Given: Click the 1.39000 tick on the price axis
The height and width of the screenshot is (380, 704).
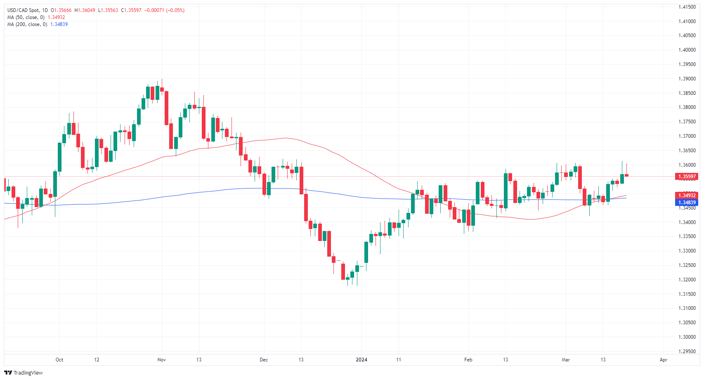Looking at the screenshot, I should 687,79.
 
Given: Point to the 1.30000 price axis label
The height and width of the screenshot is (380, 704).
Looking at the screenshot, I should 687,337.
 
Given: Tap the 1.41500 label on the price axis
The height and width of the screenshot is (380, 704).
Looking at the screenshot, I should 687,7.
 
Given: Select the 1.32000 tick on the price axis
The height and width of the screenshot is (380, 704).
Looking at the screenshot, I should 687,280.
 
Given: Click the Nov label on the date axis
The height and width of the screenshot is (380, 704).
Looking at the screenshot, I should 162,360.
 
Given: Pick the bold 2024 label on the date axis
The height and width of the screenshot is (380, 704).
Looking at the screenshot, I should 361,360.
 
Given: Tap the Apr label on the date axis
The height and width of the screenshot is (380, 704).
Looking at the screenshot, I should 663,360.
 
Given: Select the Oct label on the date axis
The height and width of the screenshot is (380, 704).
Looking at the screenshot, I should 59,360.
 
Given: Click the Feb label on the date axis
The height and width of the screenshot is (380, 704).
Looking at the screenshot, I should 468,360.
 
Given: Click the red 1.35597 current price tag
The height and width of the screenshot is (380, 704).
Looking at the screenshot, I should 687,177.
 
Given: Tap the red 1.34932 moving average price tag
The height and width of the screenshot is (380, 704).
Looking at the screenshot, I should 687,196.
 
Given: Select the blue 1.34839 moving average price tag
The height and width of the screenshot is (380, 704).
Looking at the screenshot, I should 687,203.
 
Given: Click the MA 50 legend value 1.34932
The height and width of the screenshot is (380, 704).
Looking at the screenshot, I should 57,17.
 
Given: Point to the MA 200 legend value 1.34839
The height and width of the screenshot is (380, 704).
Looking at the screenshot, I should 59,24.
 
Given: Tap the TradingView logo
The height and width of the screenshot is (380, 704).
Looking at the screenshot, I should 24,373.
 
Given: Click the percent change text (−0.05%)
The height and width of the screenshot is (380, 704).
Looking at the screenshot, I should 175,10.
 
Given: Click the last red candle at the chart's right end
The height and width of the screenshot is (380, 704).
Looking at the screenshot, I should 626,175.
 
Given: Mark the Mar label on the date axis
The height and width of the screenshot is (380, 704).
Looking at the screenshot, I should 566,360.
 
